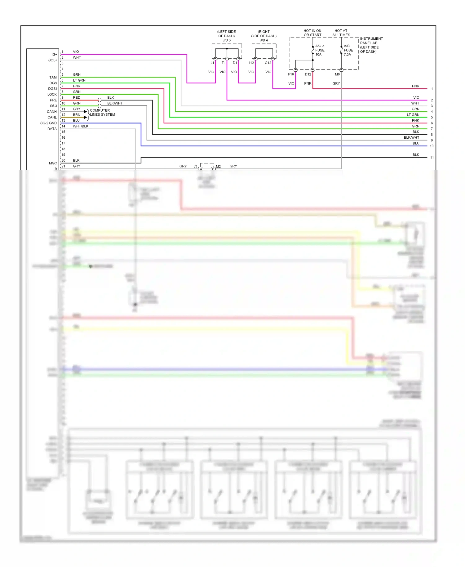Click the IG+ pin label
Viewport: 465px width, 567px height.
54,55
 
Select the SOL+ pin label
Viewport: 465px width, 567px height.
52,60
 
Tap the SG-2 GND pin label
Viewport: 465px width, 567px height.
48,123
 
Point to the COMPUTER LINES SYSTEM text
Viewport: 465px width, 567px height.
102,113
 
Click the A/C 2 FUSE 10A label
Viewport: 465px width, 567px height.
320,50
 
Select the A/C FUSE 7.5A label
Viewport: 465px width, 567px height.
348,50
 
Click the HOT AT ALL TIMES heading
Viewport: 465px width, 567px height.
341,33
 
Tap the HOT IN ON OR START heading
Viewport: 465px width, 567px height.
312,33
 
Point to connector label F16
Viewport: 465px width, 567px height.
291,74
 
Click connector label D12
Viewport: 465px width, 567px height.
308,74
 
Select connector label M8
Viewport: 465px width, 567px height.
337,74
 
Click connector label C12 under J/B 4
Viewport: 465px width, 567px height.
268,63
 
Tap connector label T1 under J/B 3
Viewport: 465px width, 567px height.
224,63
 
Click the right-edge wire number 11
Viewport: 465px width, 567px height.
432,158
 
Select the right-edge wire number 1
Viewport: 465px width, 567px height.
432,89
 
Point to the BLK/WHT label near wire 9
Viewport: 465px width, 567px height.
411,138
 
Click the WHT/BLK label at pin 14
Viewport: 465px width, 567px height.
81,126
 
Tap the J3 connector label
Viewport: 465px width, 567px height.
195,167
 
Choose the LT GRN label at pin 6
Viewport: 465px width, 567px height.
79,80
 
